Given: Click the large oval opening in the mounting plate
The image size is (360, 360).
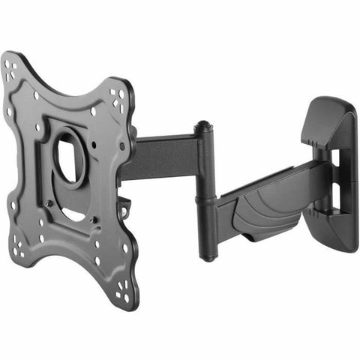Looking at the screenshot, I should [x=68, y=155].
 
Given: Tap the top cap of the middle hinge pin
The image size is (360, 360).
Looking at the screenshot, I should [x=200, y=127].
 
